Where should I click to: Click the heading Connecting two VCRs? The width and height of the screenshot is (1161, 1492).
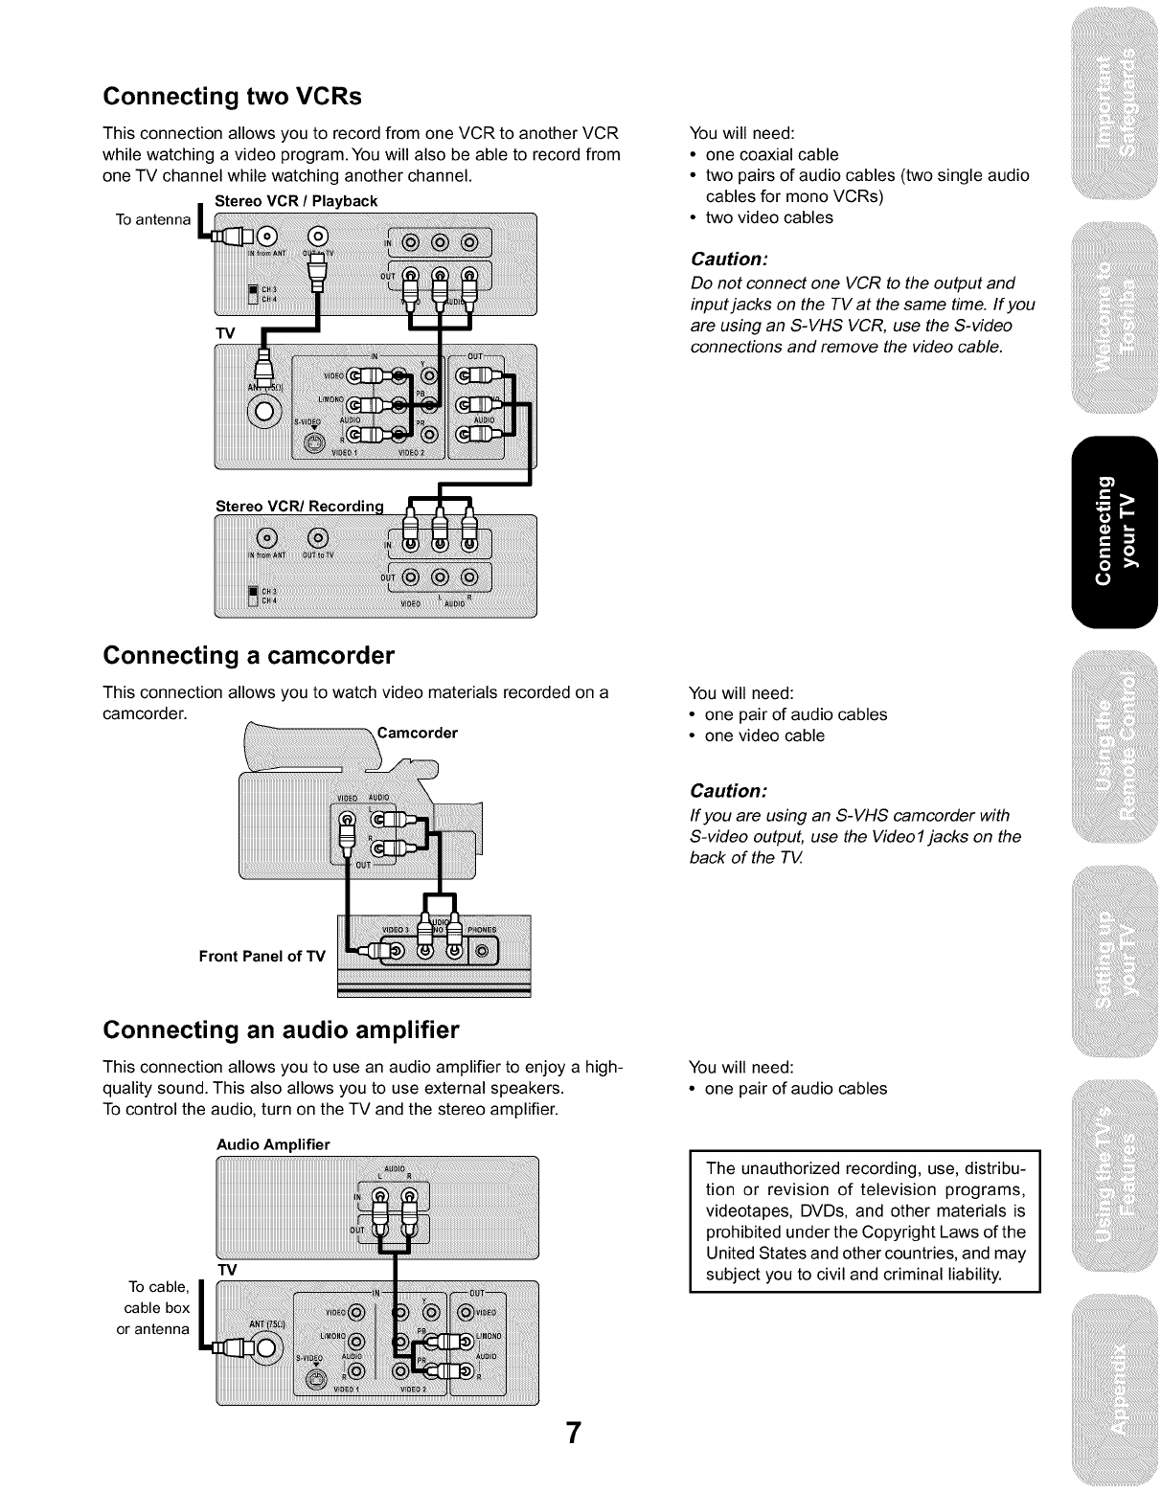click(x=233, y=97)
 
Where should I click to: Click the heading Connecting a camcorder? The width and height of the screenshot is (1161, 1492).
click(x=248, y=656)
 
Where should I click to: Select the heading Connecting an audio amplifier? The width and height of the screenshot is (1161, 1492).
click(x=281, y=1030)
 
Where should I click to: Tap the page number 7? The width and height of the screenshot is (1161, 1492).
click(x=573, y=1434)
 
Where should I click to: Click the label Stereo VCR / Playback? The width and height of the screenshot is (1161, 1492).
click(x=296, y=201)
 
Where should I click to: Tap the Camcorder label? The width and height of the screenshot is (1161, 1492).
click(x=418, y=734)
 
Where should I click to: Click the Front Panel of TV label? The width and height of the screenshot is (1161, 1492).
click(x=262, y=956)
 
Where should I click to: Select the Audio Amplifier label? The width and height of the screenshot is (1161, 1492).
click(x=273, y=1144)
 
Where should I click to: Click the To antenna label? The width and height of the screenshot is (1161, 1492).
click(x=152, y=220)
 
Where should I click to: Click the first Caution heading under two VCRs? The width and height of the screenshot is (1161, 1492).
click(x=729, y=260)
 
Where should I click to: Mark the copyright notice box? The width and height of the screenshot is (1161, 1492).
click(x=864, y=1221)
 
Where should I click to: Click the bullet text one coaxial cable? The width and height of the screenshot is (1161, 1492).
click(x=771, y=154)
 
